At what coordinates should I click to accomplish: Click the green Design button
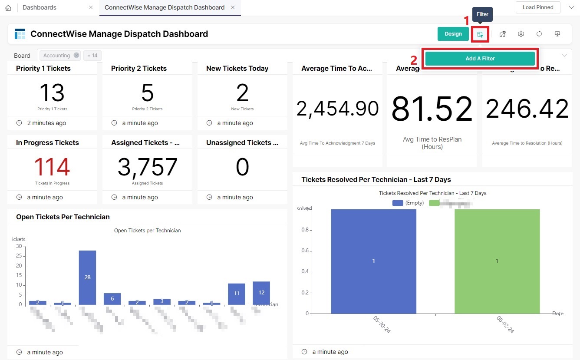pos(453,34)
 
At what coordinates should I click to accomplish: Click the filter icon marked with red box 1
pos(480,34)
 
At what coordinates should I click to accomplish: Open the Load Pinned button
pos(538,7)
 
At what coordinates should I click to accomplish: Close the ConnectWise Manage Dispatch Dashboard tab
pos(233,7)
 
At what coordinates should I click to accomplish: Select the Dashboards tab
pos(40,7)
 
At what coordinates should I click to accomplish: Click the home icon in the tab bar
pos(8,8)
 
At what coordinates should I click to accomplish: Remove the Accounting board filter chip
pos(76,55)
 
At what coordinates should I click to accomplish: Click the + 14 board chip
pos(92,56)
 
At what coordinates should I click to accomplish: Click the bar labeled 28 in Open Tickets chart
pos(87,277)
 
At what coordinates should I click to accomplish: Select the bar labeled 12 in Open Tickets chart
pos(261,293)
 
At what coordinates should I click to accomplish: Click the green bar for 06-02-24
pos(497,261)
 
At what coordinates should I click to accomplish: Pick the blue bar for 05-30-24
pos(373,261)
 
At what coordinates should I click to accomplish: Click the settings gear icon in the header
pos(521,34)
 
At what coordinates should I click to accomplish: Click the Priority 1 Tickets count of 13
pos(52,93)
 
